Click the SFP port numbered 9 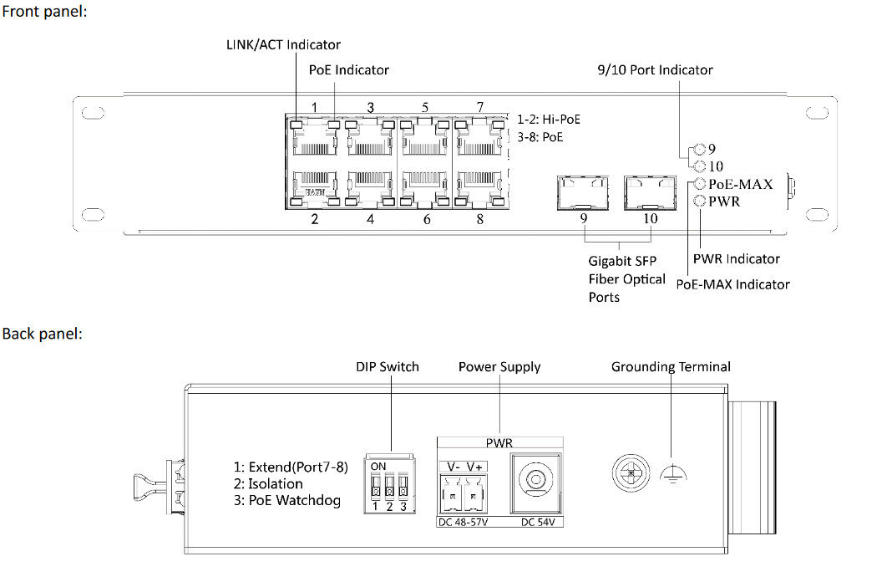click(x=582, y=192)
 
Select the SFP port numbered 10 click(x=650, y=192)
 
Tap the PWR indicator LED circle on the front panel click(x=700, y=201)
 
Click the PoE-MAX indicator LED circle click(x=700, y=184)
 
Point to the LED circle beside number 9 click(x=700, y=149)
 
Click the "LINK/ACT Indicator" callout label click(x=283, y=45)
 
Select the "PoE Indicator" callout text click(x=349, y=70)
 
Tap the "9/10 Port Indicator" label click(x=655, y=70)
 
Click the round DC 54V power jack click(x=535, y=482)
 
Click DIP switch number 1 click(x=375, y=488)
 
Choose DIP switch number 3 click(x=403, y=488)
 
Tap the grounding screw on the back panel click(x=631, y=473)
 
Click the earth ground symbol click(x=673, y=473)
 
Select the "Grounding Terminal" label click(x=671, y=367)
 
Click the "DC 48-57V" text click(x=463, y=522)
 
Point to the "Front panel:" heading click(x=44, y=12)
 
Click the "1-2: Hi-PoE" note click(x=549, y=119)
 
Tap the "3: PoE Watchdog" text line click(x=287, y=501)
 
